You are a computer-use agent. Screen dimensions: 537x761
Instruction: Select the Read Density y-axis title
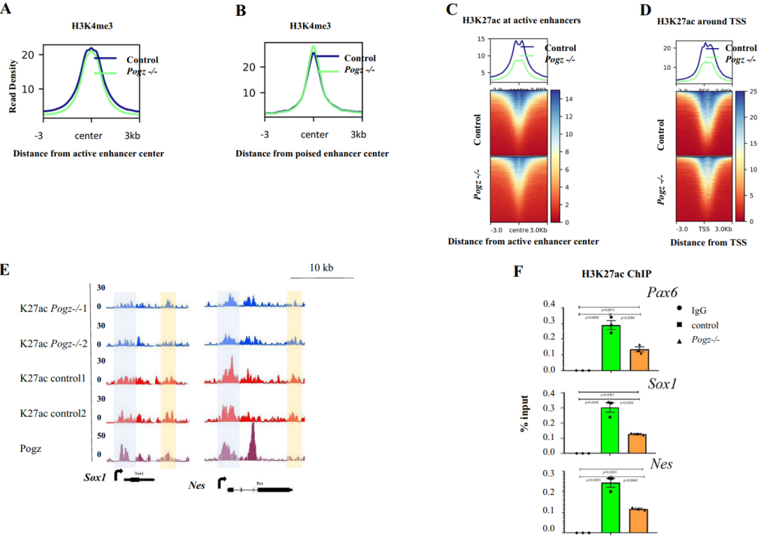point(13,87)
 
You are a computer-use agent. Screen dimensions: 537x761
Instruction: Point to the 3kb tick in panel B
point(357,135)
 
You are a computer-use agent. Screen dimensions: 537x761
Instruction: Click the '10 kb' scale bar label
point(322,268)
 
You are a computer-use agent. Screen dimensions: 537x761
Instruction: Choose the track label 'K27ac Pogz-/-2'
point(53,343)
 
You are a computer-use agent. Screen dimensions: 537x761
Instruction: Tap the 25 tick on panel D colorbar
point(752,93)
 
